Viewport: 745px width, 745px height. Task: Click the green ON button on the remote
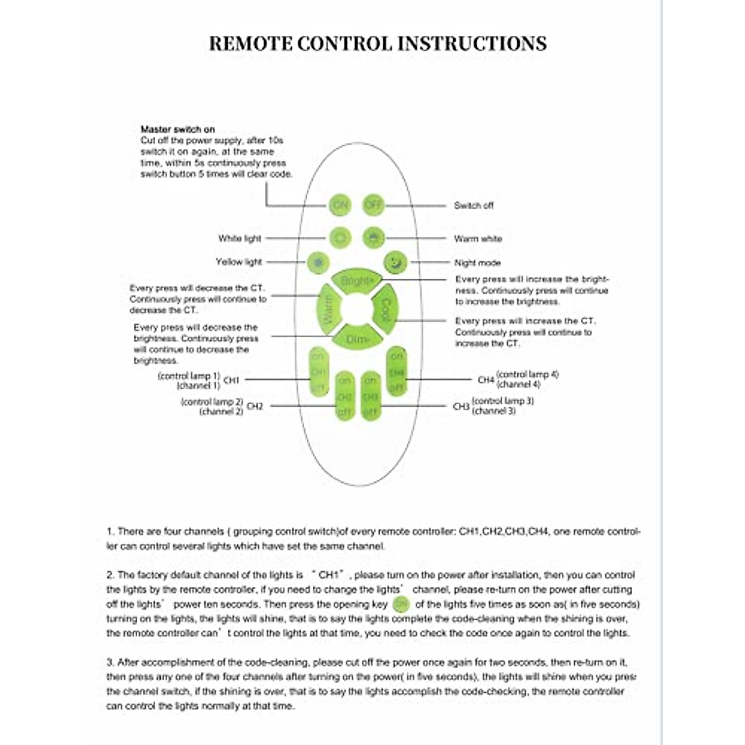pos(340,205)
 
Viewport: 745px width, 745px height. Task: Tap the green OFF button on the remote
pos(373,205)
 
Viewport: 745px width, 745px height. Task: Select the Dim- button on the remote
pos(357,338)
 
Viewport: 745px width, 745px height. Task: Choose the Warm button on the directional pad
pos(327,309)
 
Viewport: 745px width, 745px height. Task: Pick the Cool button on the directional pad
pos(386,309)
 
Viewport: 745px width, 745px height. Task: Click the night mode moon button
pos(395,263)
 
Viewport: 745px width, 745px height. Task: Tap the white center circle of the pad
pos(356,309)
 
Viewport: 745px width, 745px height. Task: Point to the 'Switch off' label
pos(474,205)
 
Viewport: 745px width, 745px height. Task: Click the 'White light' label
pos(240,238)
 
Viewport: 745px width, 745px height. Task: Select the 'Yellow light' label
pos(239,262)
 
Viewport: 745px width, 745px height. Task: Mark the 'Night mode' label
pos(477,263)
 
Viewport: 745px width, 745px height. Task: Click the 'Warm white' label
pos(478,239)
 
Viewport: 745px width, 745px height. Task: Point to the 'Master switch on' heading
pos(178,130)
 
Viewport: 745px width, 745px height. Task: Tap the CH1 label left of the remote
pos(231,380)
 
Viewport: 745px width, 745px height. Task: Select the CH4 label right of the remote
pos(486,379)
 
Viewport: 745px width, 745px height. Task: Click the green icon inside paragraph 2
pos(402,604)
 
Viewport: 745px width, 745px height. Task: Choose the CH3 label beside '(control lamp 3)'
pos(461,407)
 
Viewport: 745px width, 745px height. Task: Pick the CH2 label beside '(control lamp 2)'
pos(255,407)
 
